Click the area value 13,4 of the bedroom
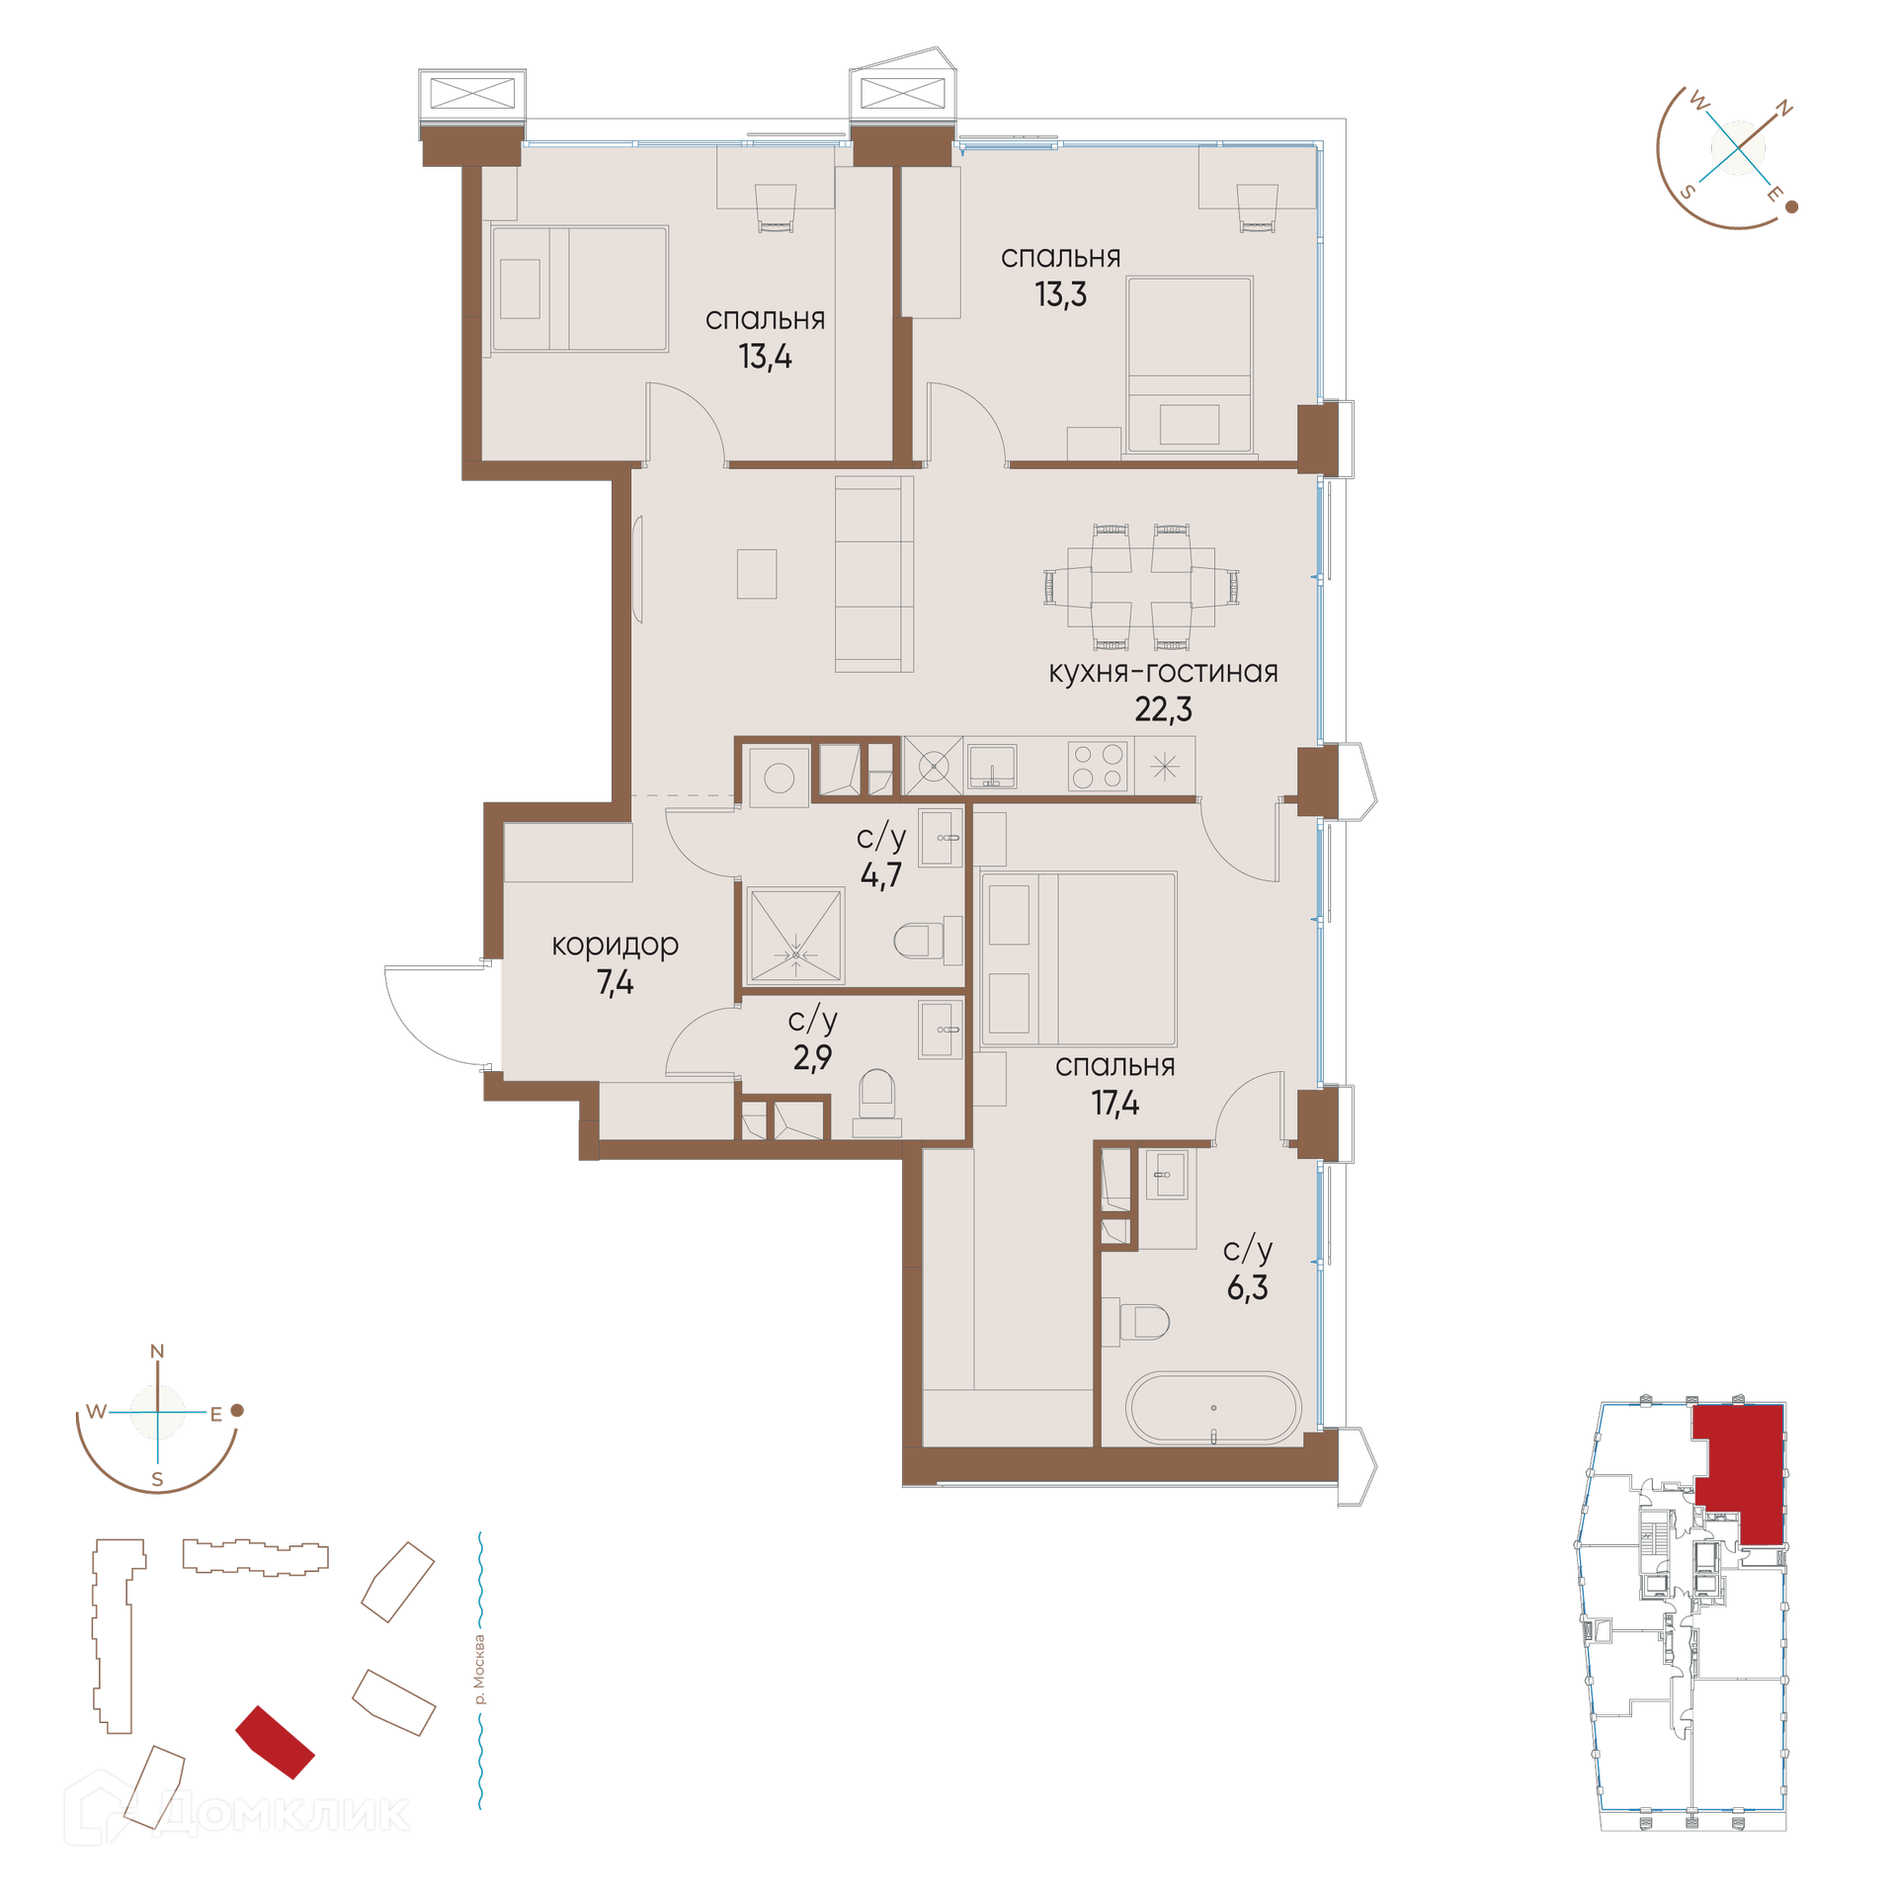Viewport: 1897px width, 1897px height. point(765,357)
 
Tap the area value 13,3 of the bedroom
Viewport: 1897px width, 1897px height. point(1060,294)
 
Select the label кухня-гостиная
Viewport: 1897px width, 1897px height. point(1163,672)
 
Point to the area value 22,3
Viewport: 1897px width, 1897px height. point(1163,709)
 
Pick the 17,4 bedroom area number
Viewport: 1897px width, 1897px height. point(1114,1103)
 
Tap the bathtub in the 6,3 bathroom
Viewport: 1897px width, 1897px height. point(1213,1408)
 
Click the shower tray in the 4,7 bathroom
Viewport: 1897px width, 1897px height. point(795,936)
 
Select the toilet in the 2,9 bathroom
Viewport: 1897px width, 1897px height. point(876,1104)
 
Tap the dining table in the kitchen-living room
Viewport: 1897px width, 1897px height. point(1141,586)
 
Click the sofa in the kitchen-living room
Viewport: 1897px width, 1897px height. point(873,574)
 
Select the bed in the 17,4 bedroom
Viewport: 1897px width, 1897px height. point(1078,958)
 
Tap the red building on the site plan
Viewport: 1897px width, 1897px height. point(275,1742)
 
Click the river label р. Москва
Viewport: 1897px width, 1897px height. point(480,1670)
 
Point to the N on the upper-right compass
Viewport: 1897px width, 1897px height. point(1784,110)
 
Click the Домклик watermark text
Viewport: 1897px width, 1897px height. point(282,1813)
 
